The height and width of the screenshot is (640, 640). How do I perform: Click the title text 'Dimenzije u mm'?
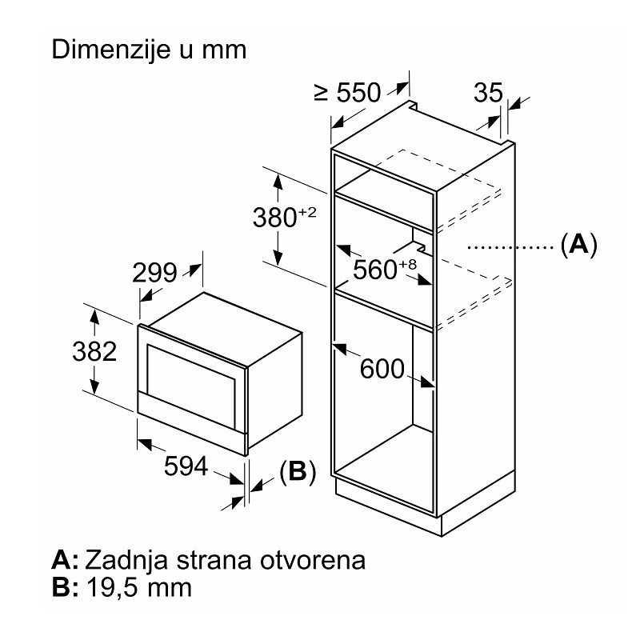pyautogui.click(x=148, y=49)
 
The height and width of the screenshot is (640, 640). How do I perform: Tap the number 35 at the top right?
pyautogui.click(x=487, y=93)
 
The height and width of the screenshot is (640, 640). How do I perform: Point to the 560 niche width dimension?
pyautogui.click(x=374, y=269)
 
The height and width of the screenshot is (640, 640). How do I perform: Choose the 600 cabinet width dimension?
pyautogui.click(x=383, y=369)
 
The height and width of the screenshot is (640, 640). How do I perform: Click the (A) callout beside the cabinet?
pyautogui.click(x=578, y=244)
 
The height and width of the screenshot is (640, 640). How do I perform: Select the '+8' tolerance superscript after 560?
pyautogui.click(x=407, y=265)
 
